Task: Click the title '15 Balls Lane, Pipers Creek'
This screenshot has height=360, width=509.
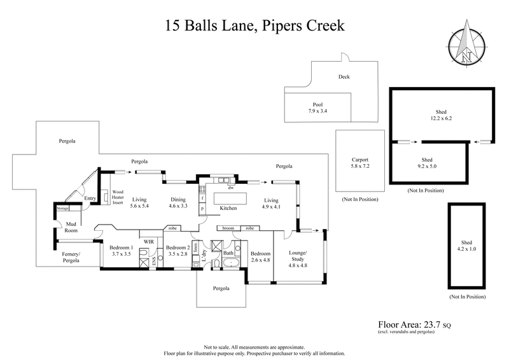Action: coord(254,26)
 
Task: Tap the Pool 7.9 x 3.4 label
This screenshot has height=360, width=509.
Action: coord(317,107)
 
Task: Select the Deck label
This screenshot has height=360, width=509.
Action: coord(344,77)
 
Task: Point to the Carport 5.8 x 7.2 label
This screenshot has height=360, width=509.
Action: coord(360,163)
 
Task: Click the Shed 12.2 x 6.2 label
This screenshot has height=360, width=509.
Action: coord(443,114)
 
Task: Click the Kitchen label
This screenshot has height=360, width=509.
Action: coord(228,209)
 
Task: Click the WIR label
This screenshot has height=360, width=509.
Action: coord(149,242)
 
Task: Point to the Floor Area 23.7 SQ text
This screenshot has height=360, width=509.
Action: coord(419,323)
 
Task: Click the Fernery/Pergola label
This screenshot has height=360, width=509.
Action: coord(71,258)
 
